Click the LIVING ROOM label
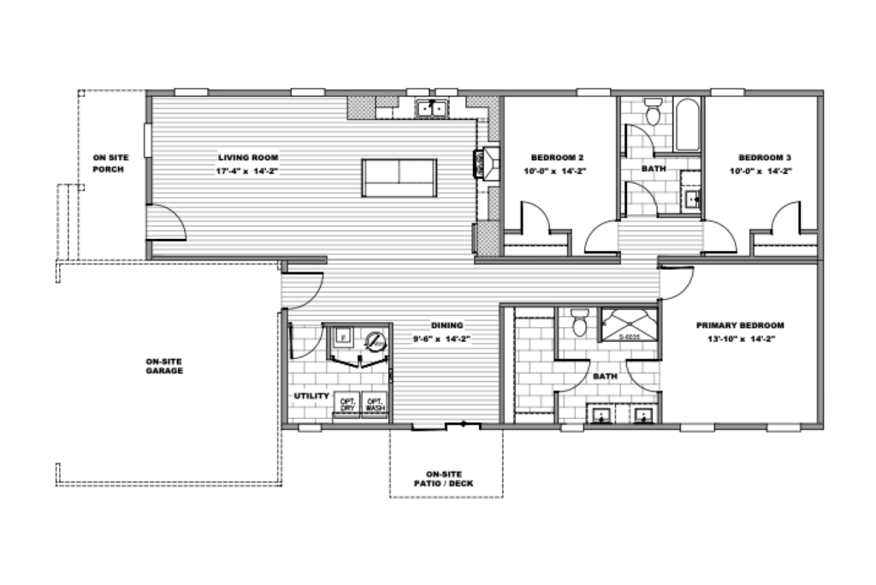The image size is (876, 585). click(x=248, y=158)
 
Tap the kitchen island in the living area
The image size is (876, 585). click(x=399, y=177)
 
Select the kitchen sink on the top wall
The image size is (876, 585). click(x=433, y=108)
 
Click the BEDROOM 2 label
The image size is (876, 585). click(x=558, y=158)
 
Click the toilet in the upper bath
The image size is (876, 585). click(x=653, y=112)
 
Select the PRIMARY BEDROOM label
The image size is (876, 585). click(x=740, y=325)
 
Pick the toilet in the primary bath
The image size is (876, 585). click(x=579, y=323)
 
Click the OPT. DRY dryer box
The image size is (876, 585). click(x=347, y=404)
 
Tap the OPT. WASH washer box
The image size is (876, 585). click(x=375, y=404)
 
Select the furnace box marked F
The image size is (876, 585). click(x=343, y=337)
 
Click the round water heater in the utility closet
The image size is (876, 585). click(x=375, y=341)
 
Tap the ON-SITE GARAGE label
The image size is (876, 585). click(x=164, y=366)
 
